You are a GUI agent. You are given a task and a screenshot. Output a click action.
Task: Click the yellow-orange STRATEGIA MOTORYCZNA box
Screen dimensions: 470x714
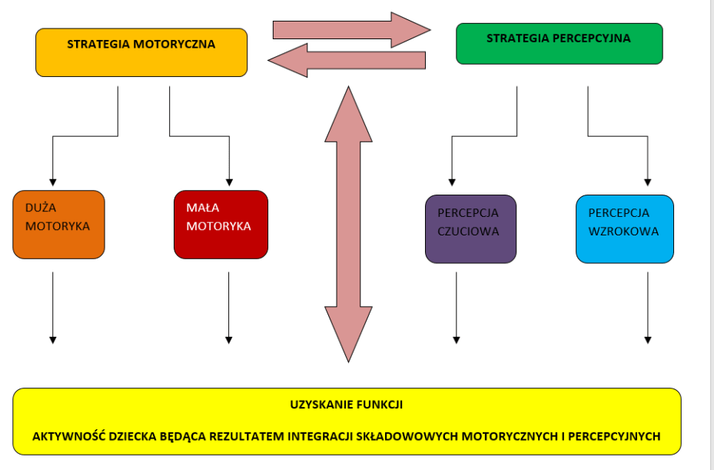coord(141,52)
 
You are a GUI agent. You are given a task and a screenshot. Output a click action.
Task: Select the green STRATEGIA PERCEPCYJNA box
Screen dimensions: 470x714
coord(559,43)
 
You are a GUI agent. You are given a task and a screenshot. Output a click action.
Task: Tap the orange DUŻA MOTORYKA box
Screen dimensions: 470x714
coord(58,224)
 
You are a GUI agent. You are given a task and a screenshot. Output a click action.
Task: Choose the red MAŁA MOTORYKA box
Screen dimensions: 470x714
coord(221,224)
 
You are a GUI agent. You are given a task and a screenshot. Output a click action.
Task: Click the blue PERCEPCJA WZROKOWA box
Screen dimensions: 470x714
coord(624,228)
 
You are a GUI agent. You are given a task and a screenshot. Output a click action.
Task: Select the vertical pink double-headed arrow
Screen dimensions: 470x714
coord(349,223)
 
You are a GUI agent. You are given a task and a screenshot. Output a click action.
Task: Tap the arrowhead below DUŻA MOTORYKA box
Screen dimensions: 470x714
coord(53,338)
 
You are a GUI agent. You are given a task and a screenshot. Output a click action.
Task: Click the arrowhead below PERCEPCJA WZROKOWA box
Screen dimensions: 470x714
coord(648,338)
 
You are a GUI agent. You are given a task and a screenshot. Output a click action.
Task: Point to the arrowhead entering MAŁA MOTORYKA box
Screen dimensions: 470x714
coord(229,182)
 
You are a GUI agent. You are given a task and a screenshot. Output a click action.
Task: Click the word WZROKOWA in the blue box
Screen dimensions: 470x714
coord(623,231)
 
